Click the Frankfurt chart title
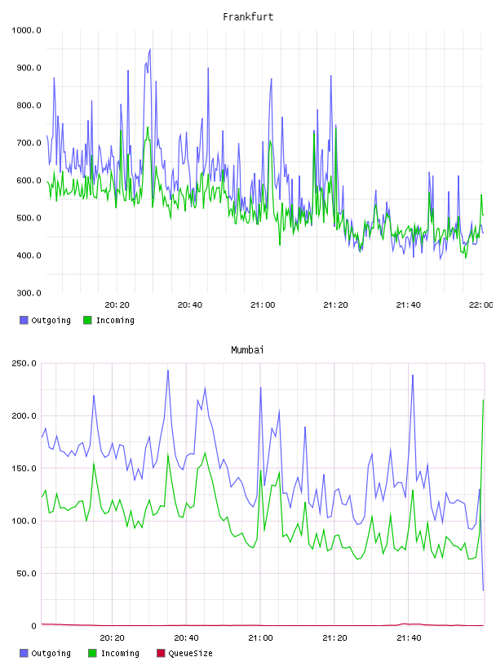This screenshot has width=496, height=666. click(248, 17)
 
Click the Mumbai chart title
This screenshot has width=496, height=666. click(247, 350)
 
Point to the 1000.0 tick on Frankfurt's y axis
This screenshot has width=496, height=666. click(26, 30)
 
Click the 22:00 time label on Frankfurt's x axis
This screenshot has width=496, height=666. click(480, 305)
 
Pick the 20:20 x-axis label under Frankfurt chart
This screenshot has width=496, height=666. click(117, 305)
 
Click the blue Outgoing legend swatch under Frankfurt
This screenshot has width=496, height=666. click(24, 320)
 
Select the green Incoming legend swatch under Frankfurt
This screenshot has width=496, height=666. click(87, 320)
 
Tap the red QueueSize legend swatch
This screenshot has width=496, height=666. click(161, 653)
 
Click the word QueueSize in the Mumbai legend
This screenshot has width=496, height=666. click(190, 654)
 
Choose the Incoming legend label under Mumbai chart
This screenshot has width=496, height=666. click(120, 654)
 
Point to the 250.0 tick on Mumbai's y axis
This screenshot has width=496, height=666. click(24, 363)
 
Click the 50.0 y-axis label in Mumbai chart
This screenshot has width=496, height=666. click(26, 574)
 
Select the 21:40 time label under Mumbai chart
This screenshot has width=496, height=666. click(409, 638)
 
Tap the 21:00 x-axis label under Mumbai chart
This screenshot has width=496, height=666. click(260, 638)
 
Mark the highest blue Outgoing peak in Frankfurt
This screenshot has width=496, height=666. click(150, 49)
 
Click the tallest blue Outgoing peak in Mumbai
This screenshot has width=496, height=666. click(168, 371)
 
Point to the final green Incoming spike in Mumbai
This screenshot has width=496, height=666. click(483, 400)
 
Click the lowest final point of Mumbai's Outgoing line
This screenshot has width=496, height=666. click(483, 590)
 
